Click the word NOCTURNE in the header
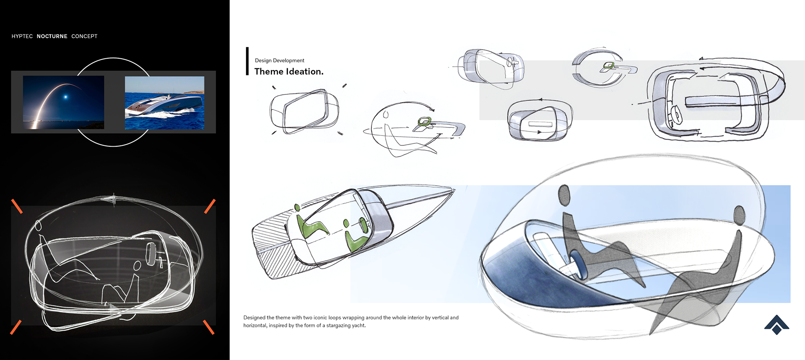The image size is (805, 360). coord(52,36)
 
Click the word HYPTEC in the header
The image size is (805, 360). coord(22,36)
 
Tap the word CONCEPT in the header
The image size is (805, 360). coord(84,36)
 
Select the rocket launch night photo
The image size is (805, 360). coord(63,102)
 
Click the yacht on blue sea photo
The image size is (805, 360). coord(165,103)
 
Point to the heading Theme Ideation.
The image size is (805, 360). coord(289,72)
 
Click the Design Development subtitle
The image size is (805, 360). coord(280,60)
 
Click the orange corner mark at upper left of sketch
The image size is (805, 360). coord(17,206)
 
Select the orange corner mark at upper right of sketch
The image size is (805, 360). coord(210,206)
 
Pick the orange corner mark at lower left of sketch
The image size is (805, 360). coord(16,327)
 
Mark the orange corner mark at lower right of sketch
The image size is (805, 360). coord(209,327)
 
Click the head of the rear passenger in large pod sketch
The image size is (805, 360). coord(739,215)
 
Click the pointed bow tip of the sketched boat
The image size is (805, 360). coord(454,189)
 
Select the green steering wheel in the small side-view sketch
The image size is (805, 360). coord(425,122)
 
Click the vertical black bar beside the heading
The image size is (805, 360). coord(247,61)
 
